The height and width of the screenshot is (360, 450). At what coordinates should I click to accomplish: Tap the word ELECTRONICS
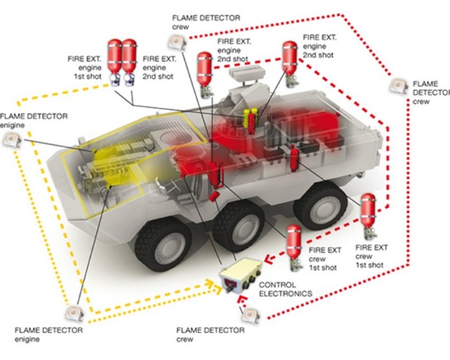[x=286, y=294]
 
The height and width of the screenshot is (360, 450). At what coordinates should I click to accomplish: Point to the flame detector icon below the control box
[x=249, y=313]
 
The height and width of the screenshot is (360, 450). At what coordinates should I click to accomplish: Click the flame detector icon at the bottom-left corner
[x=72, y=313]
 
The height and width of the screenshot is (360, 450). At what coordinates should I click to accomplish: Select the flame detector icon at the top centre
[x=176, y=42]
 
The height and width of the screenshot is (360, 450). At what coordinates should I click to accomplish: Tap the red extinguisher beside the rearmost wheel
[x=368, y=214]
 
